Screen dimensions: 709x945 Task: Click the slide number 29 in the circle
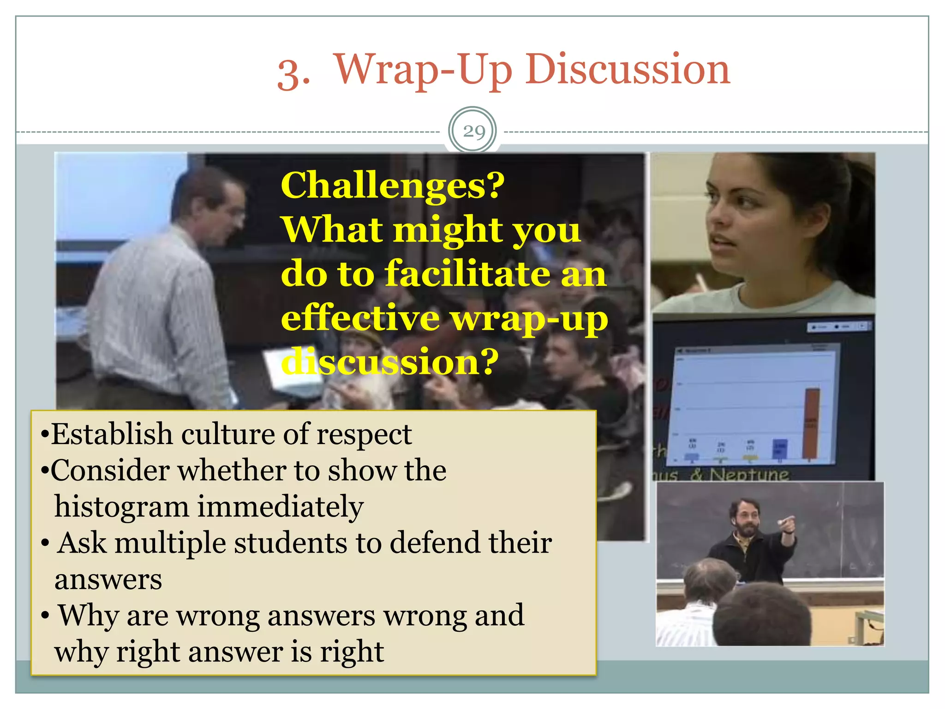(473, 132)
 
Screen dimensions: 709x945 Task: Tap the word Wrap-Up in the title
(422, 70)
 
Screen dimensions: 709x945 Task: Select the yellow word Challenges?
(393, 186)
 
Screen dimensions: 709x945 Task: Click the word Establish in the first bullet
(111, 435)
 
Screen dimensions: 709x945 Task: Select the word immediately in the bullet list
(280, 507)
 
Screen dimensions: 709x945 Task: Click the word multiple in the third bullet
(170, 543)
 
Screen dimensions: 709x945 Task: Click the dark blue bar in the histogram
(780, 449)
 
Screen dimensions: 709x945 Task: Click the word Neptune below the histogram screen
(749, 474)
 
